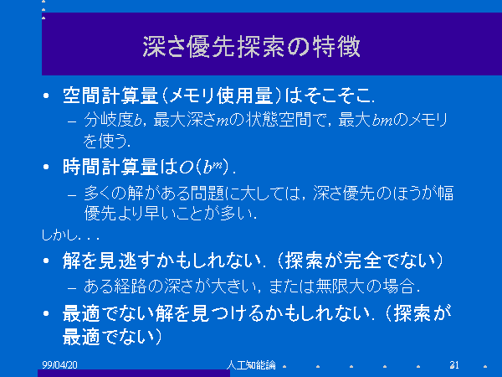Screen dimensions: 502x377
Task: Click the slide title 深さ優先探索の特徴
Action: click(x=251, y=47)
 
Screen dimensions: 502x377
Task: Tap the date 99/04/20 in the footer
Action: click(x=59, y=364)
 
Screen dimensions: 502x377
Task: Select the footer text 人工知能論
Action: click(x=251, y=364)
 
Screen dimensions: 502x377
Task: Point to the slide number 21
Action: click(x=454, y=364)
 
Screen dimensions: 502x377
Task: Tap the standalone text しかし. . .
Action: click(x=59, y=235)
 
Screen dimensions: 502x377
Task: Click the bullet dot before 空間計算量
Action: click(x=46, y=96)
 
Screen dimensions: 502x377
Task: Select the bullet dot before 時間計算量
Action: click(x=46, y=167)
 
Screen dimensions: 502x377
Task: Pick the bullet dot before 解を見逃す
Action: click(x=46, y=261)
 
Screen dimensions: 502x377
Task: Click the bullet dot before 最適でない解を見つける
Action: click(x=46, y=313)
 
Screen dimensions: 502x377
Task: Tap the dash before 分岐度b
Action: click(x=72, y=121)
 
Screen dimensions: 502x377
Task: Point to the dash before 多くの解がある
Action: click(x=72, y=195)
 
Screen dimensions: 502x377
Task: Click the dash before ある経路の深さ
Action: click(x=72, y=287)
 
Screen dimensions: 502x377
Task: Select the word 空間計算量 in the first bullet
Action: click(x=110, y=96)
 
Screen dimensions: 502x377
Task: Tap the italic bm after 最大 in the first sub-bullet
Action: click(x=382, y=121)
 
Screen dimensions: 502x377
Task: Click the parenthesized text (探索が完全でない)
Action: click(x=359, y=261)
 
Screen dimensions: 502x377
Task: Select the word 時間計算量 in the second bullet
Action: click(x=110, y=167)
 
